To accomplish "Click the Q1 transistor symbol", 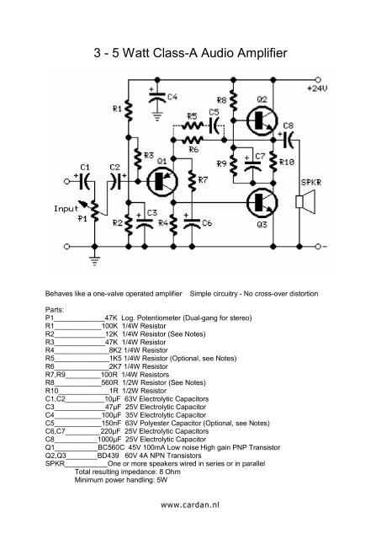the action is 162,182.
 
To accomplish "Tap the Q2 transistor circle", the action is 262,121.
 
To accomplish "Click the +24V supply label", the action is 317,88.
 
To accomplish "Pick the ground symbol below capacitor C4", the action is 157,118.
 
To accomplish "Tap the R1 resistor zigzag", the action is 129,110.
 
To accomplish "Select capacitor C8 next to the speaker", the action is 288,140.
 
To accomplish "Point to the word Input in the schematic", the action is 66,209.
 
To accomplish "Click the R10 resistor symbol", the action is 273,162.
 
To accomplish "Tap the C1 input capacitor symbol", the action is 84,181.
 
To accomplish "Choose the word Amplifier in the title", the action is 262,53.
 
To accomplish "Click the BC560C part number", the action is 111,447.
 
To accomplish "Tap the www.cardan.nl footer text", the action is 190,505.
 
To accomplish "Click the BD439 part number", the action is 108,456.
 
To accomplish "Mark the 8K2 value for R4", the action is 115,350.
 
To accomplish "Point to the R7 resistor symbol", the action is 193,179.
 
